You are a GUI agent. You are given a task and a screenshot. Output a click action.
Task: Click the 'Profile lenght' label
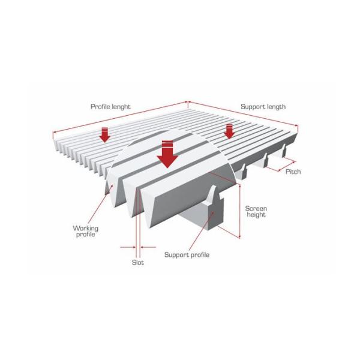click(x=110, y=107)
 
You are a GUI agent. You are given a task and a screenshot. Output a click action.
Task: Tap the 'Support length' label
click(x=263, y=107)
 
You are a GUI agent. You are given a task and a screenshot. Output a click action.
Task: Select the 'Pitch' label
click(x=293, y=172)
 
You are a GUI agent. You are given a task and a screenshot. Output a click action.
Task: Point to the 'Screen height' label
click(x=256, y=212)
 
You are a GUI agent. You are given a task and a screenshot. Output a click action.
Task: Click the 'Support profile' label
click(x=187, y=255)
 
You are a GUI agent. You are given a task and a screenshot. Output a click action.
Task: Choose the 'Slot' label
click(x=138, y=262)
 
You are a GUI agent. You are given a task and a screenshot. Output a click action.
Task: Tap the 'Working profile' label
click(x=85, y=231)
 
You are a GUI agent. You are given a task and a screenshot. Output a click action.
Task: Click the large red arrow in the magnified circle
click(x=167, y=154)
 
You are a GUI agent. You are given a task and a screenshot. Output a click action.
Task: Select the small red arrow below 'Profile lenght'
click(x=104, y=134)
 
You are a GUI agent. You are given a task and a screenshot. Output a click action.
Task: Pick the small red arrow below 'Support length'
click(x=229, y=131)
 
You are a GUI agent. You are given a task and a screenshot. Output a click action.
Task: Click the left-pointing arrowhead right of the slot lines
click(x=142, y=247)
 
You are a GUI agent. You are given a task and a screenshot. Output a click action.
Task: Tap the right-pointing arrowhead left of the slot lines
click(x=134, y=247)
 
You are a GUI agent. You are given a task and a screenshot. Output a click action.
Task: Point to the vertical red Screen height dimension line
click(x=240, y=211)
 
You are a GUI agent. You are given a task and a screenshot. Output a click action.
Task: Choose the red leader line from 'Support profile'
click(x=202, y=232)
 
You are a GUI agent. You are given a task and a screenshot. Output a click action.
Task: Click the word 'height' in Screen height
click(x=256, y=215)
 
